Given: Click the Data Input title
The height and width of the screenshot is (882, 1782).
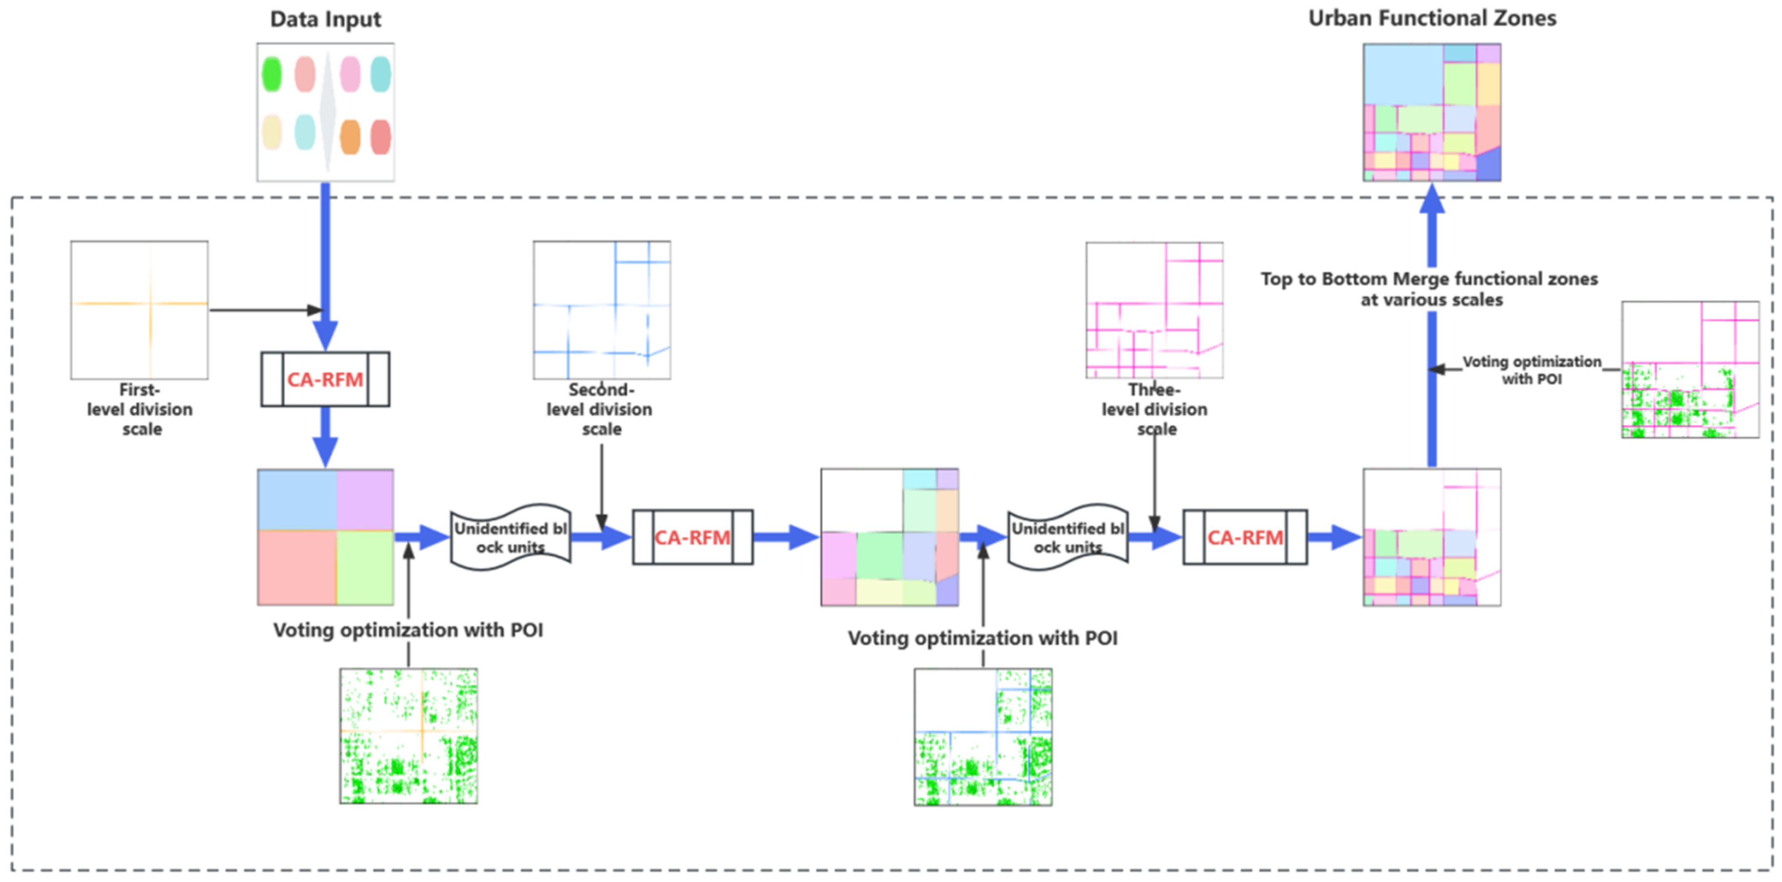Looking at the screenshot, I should (x=325, y=19).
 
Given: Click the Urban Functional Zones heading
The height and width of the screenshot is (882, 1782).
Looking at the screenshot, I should (x=1432, y=18).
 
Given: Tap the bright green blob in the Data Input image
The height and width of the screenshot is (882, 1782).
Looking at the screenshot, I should (x=272, y=74).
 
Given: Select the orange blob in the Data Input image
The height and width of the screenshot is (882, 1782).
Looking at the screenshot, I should (x=350, y=136).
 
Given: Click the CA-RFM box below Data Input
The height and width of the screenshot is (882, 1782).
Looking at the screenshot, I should (x=325, y=379).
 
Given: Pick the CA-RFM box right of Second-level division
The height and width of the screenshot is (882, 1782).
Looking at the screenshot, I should (x=692, y=538).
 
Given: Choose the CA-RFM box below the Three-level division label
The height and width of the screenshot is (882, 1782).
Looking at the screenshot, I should (x=1245, y=538).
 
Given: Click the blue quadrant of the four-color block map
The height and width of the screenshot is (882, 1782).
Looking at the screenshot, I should (x=297, y=499).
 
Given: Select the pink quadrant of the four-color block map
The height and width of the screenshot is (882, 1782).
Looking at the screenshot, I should (x=297, y=567).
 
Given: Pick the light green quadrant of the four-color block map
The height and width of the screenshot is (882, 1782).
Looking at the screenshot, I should (x=365, y=567).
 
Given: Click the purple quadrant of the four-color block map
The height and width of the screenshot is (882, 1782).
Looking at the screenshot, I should (x=365, y=499).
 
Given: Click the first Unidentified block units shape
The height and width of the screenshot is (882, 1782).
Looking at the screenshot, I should (x=510, y=538).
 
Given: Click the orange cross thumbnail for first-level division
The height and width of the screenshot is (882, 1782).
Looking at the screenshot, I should (x=139, y=309).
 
